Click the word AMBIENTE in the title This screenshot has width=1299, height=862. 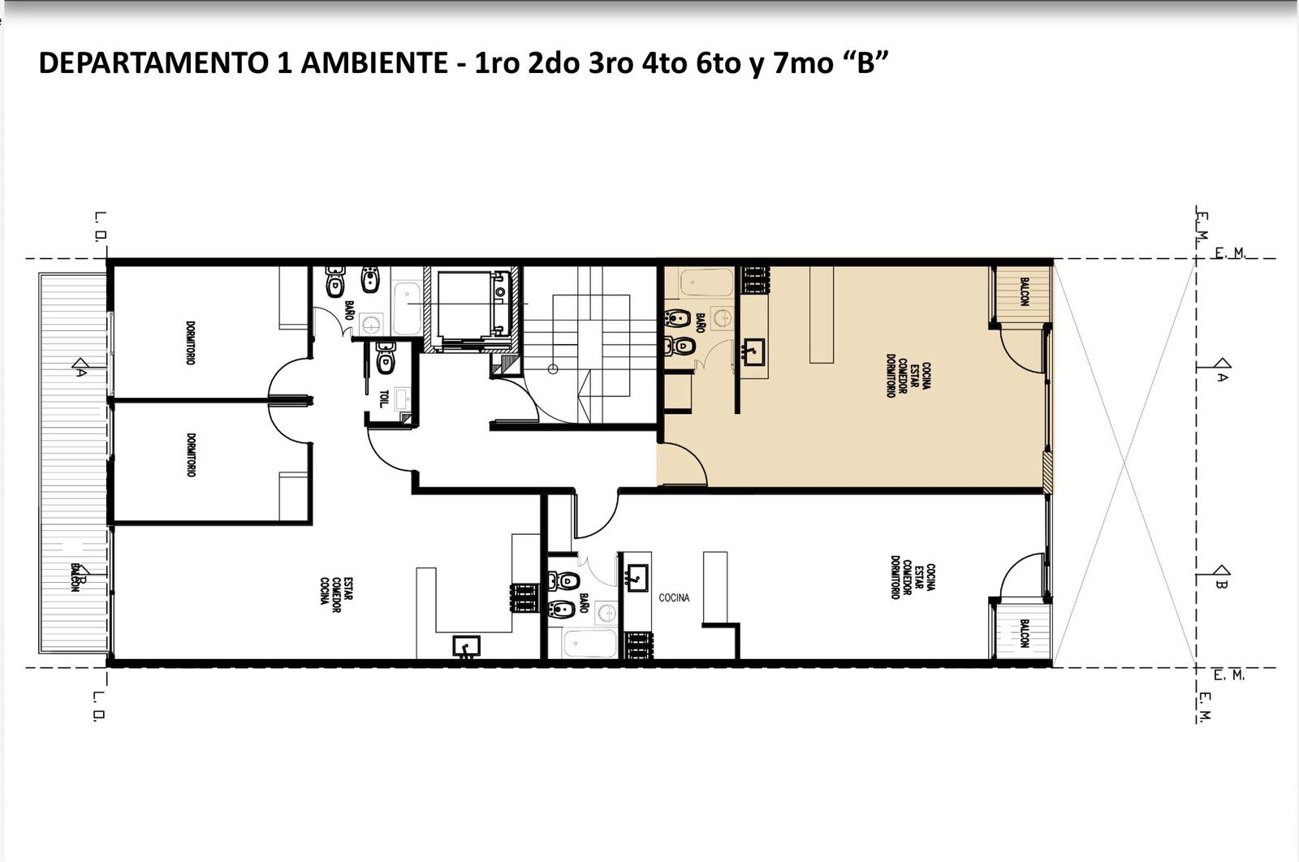coord(374,63)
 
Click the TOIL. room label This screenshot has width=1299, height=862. coord(383,399)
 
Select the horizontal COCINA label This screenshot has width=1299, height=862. coord(674,597)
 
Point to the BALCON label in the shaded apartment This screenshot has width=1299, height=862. coord(1024,291)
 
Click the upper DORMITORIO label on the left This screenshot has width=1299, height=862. coord(190,343)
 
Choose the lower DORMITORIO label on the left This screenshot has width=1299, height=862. coord(190,455)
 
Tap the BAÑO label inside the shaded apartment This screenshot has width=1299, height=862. coord(700,322)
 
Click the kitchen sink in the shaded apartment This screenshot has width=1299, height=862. coord(753,351)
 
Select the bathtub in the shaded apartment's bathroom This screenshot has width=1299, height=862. coord(707,282)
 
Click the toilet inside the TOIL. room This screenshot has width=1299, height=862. coord(385,358)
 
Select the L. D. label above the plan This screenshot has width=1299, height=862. coord(101,226)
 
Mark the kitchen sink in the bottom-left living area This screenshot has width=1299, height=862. coord(466,646)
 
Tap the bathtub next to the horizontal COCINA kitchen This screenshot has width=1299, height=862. coord(589,644)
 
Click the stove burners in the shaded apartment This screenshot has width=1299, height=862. coord(755,281)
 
